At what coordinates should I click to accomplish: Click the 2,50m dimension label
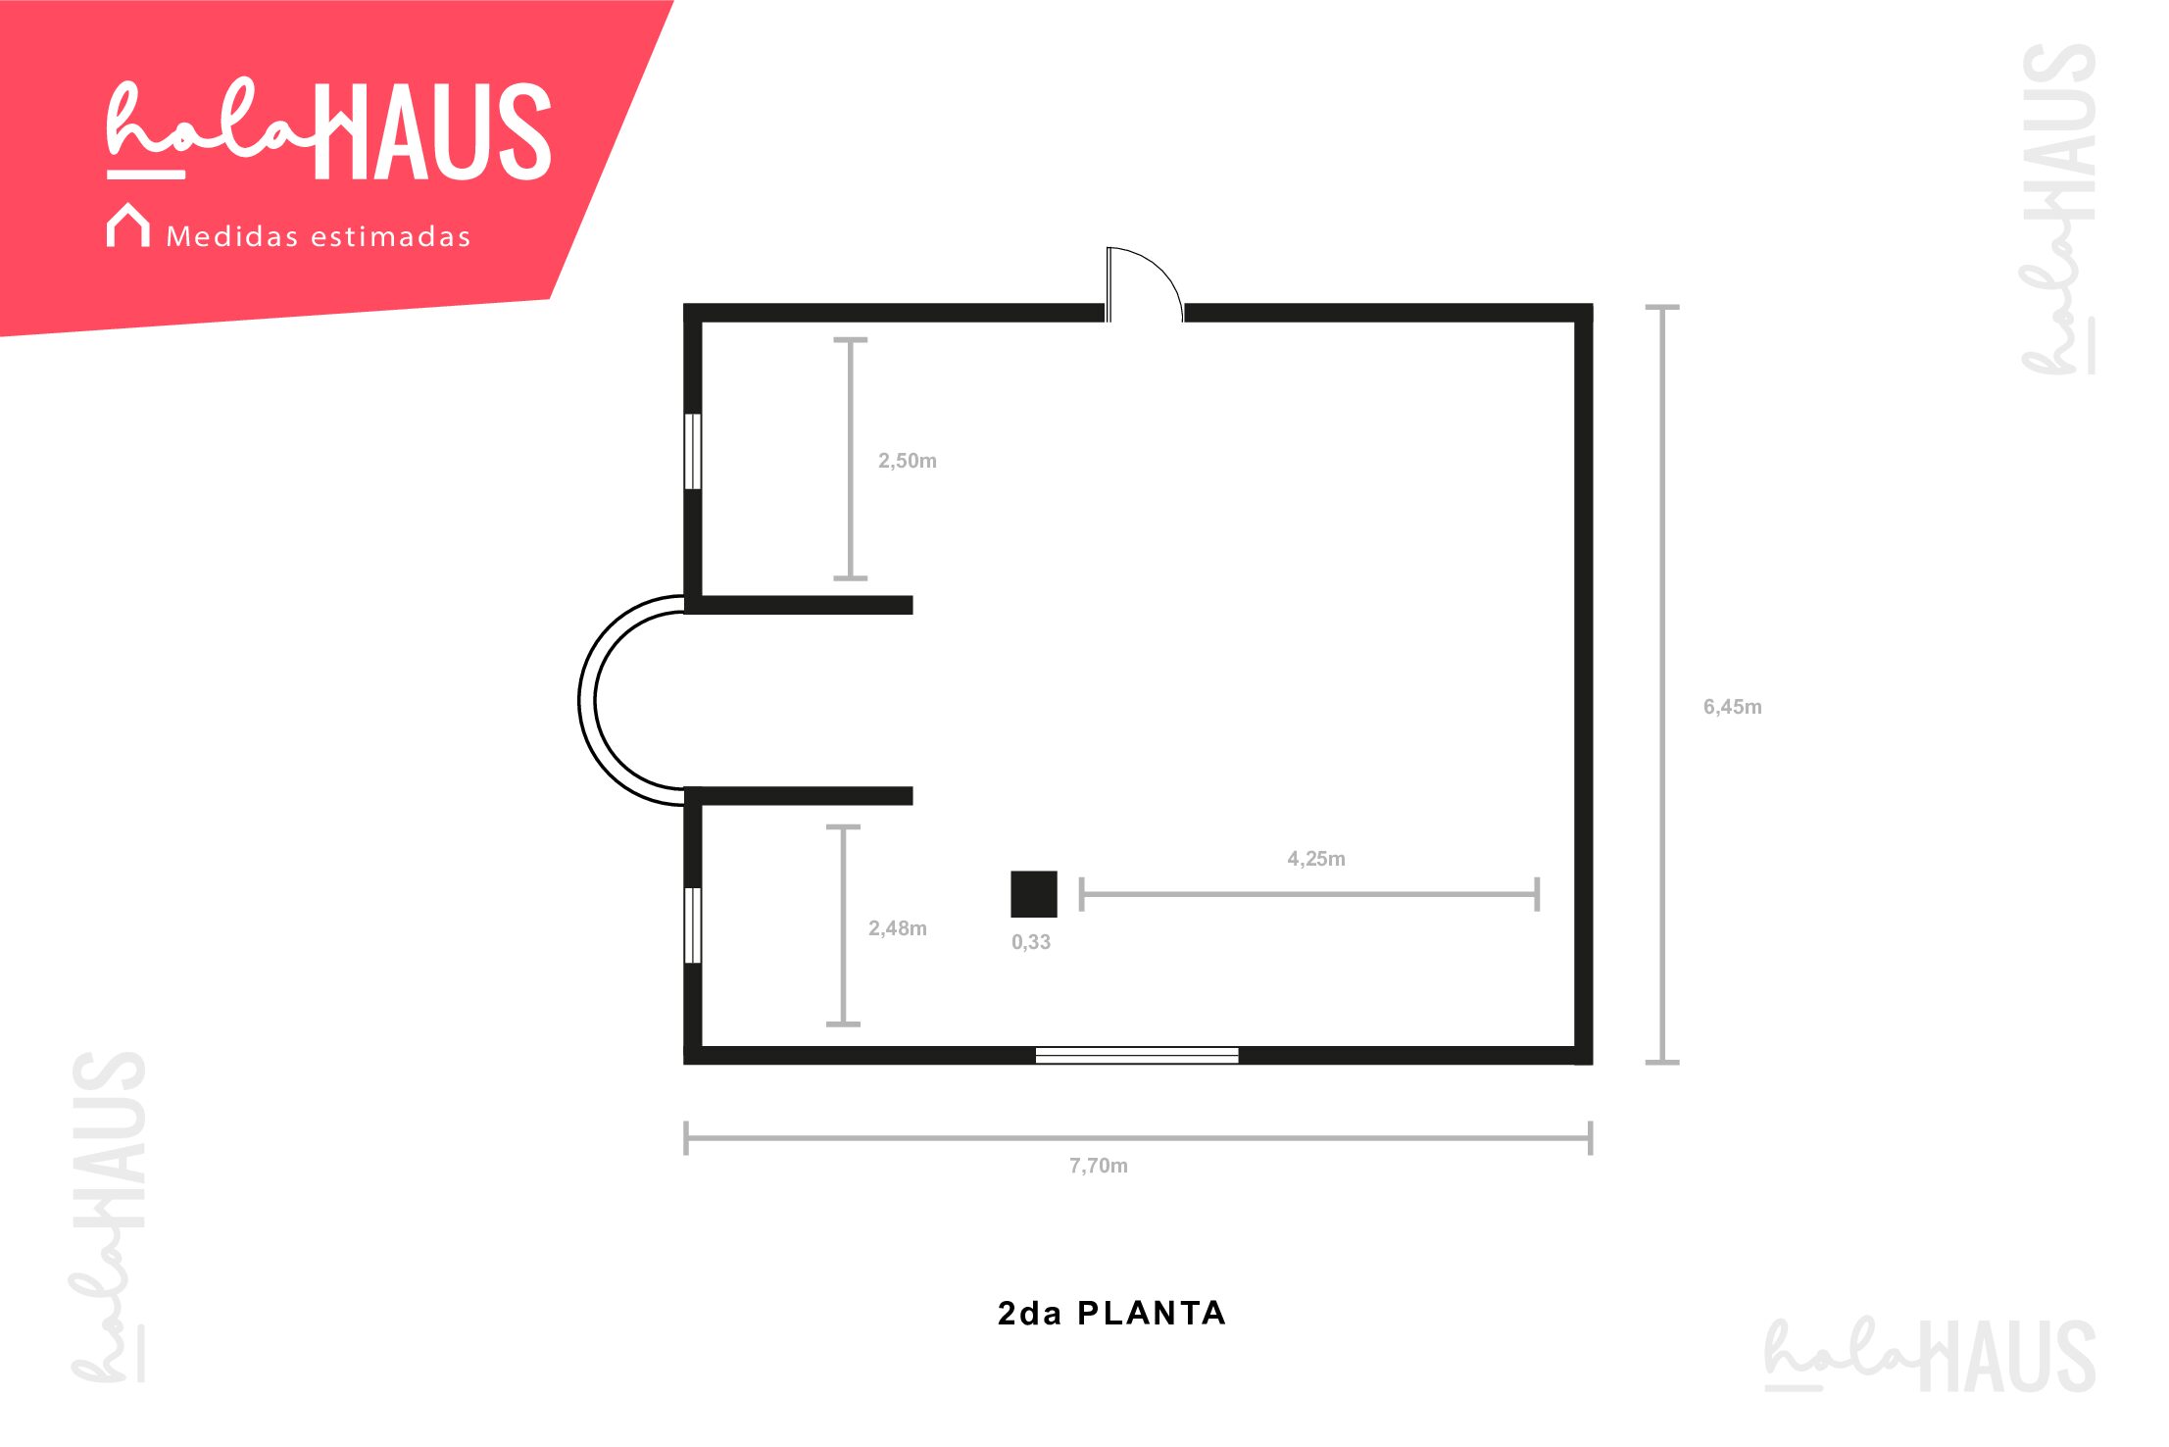(x=907, y=461)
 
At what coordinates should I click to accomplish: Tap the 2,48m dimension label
(x=897, y=928)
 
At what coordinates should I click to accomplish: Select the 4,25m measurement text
(x=1315, y=859)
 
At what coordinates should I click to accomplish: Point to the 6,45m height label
(x=1732, y=707)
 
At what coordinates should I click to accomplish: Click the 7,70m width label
(x=1098, y=1166)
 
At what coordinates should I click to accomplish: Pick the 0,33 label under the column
(x=1030, y=942)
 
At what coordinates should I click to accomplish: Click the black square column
(x=1034, y=894)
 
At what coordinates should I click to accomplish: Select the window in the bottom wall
(x=1137, y=1056)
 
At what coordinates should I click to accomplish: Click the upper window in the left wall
(x=692, y=451)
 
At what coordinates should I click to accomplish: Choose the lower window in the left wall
(x=692, y=925)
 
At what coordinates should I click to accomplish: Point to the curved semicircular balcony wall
(x=587, y=701)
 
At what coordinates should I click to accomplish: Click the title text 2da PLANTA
(x=1111, y=1314)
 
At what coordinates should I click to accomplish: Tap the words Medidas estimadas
(x=319, y=236)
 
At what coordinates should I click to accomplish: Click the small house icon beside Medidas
(x=128, y=225)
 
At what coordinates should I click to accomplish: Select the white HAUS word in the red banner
(x=433, y=131)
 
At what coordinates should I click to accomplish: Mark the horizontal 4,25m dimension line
(x=1308, y=894)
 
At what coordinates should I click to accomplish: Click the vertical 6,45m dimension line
(x=1662, y=684)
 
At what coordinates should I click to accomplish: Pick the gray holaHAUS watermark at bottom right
(x=1930, y=1355)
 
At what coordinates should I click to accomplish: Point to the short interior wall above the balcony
(x=799, y=605)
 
